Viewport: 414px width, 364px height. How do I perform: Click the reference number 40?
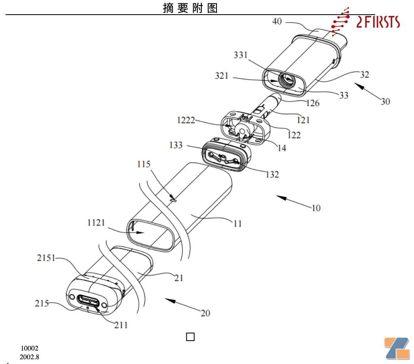click(x=277, y=21)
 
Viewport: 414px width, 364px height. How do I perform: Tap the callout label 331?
click(x=241, y=55)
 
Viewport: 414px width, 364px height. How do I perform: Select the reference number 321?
click(x=222, y=76)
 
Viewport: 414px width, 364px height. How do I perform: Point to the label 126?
click(x=313, y=103)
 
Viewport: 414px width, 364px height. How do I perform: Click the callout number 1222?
click(x=186, y=120)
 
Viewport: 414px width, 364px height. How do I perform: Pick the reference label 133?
click(x=176, y=145)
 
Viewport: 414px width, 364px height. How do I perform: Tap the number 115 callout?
click(x=144, y=164)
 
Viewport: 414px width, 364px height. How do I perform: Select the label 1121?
click(x=96, y=222)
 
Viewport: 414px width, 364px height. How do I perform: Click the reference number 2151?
click(x=46, y=258)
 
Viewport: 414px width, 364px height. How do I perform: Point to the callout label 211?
click(x=121, y=325)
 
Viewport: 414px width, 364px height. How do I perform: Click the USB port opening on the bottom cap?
click(x=88, y=301)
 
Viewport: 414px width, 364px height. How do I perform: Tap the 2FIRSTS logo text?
click(x=378, y=22)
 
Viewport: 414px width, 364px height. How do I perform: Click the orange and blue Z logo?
click(x=397, y=348)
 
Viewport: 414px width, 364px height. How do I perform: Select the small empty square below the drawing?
click(x=190, y=337)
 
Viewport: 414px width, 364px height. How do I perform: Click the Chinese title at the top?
click(x=190, y=8)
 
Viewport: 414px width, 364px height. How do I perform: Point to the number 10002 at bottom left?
click(x=30, y=348)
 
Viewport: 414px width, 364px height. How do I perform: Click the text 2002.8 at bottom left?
click(x=29, y=357)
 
